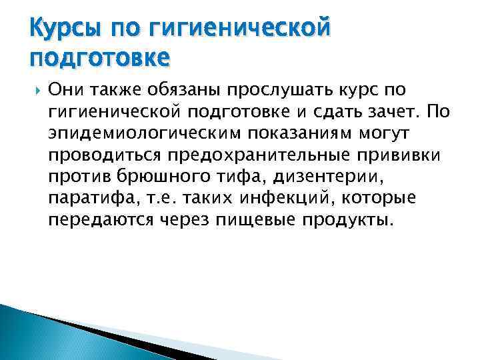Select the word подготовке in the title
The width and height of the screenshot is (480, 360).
click(x=99, y=59)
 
